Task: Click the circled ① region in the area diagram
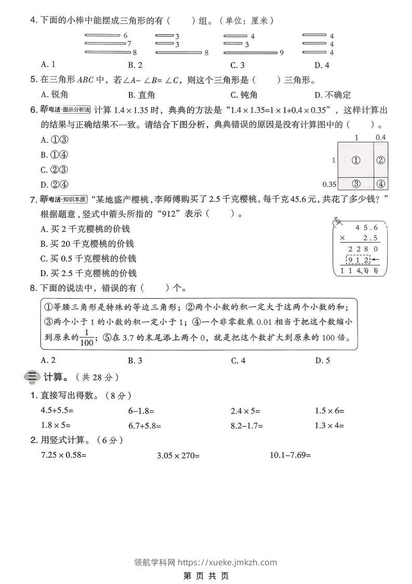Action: coord(356,160)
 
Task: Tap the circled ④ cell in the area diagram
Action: coord(381,183)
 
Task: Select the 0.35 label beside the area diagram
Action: coord(329,184)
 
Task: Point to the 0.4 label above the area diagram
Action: coord(381,137)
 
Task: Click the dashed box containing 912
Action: coord(360,260)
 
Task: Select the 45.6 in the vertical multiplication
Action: coord(366,227)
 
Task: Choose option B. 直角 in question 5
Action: coord(139,95)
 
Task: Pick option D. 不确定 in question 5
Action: coord(333,95)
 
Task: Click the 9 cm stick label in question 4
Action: coord(281,52)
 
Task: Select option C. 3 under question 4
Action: coord(237,65)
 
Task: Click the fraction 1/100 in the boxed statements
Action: coord(87,337)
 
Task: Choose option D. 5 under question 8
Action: coord(322,360)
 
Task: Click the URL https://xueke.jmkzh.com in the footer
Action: coord(228,562)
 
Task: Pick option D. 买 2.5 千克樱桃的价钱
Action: coord(88,273)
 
